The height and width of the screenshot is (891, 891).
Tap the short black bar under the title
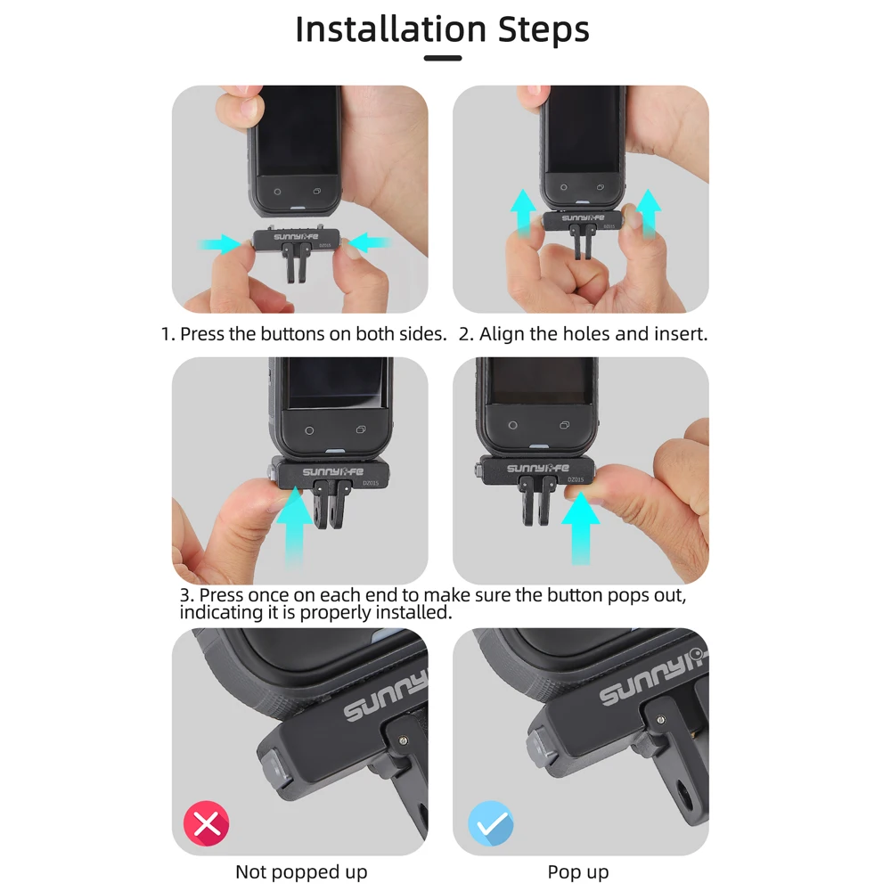[443, 59]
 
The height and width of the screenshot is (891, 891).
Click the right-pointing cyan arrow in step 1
[218, 242]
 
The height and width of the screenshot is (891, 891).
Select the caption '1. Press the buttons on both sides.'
[304, 334]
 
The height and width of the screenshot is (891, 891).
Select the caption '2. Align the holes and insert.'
[584, 334]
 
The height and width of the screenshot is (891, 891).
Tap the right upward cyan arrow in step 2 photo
[649, 212]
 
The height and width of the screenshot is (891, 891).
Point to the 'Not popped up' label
[301, 871]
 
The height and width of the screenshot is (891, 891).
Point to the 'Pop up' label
[578, 871]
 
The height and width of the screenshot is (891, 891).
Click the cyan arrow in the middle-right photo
[581, 526]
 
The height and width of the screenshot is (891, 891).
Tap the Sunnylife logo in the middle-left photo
[329, 472]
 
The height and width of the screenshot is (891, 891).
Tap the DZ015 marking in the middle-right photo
[576, 479]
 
